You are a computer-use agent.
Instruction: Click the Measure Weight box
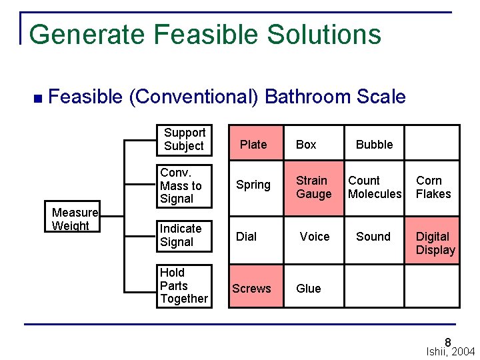point(75,218)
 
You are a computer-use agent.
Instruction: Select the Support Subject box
point(184,139)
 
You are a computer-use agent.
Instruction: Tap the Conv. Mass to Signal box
point(185,186)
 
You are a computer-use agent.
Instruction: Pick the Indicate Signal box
point(185,236)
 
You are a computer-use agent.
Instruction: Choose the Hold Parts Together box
point(185,286)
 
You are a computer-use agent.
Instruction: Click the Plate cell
point(253,144)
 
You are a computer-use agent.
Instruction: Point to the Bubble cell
point(374,144)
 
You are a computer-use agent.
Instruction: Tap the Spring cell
point(253,185)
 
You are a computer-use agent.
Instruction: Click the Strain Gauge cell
point(314,187)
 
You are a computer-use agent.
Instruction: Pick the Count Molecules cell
point(375,187)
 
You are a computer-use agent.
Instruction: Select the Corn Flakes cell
point(433,187)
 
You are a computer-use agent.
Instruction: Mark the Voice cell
point(314,237)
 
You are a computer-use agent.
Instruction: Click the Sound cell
point(374,237)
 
